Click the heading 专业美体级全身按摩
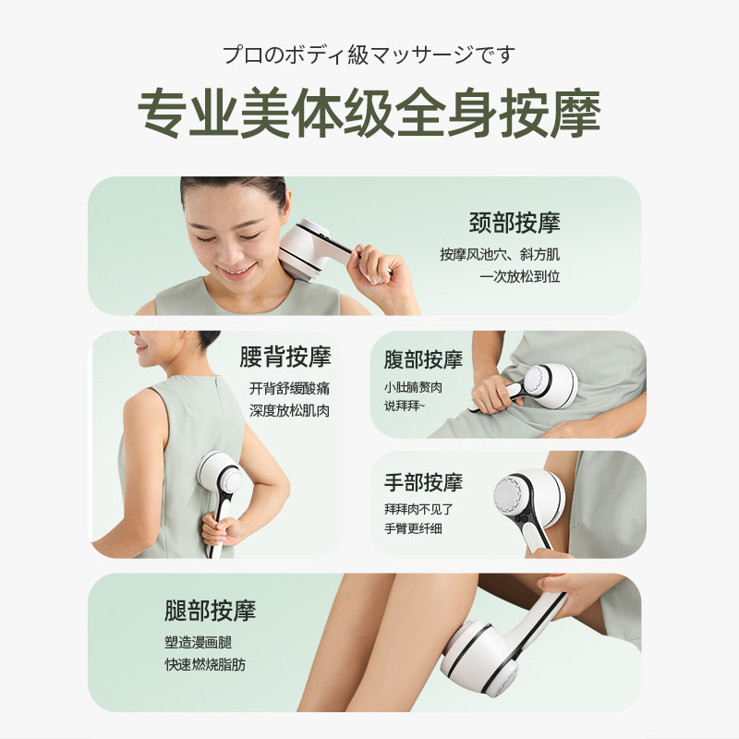coord(369,115)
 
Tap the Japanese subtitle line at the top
coord(369,55)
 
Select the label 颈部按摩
coord(514,223)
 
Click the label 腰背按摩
coord(285,357)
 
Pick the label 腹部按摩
coord(423,359)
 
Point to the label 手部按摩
coord(423,482)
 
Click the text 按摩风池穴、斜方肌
coord(500,254)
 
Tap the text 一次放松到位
coord(520,275)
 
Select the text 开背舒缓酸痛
coord(289,388)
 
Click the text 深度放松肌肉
coord(289,410)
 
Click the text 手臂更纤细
coord(412,529)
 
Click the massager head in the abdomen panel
coord(539,382)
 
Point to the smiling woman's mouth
coord(239,271)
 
